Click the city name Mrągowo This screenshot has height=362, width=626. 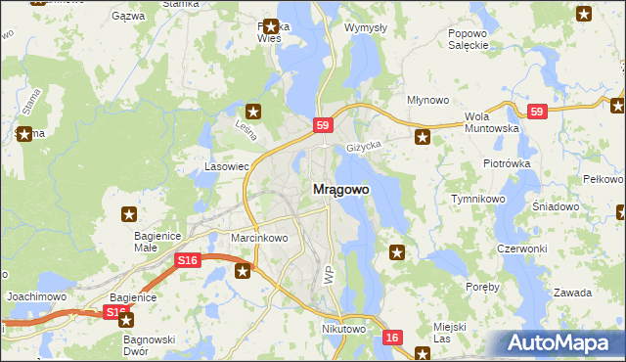point(340,190)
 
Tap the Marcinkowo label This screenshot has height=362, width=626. point(258,238)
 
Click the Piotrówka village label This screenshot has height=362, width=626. point(506,163)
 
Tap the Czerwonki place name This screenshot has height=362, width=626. point(521,249)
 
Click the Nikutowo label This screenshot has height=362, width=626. point(343,330)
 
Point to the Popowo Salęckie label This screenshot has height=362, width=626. point(468,38)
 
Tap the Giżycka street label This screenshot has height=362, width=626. point(363,148)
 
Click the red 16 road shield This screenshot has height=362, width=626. point(392,337)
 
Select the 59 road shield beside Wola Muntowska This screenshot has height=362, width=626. point(536,113)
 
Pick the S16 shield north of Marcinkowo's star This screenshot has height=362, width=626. point(189,260)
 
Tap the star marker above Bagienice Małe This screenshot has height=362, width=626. point(128,214)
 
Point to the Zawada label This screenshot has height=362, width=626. point(571,293)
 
